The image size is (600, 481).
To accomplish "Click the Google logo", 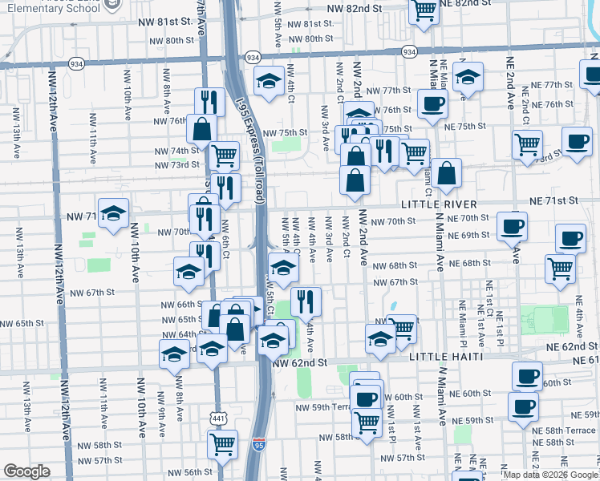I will pyautogui.click(x=26, y=472).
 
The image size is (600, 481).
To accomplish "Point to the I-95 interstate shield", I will pyautogui.click(x=257, y=444).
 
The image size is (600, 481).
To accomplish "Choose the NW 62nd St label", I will pyautogui.click(x=300, y=362).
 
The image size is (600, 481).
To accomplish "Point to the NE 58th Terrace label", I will pyautogui.click(x=565, y=430).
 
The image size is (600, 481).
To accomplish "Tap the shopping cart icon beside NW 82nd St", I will pyautogui.click(x=423, y=11).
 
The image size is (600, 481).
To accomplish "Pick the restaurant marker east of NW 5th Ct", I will pyautogui.click(x=306, y=301).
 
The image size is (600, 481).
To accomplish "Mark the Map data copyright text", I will pyautogui.click(x=550, y=475).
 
